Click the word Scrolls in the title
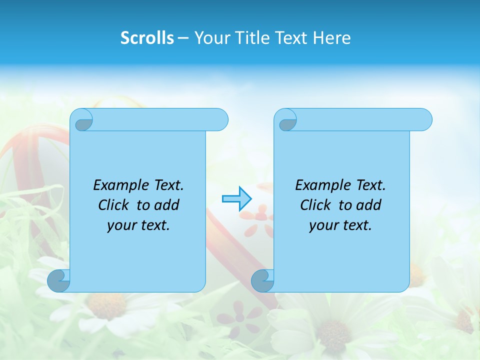tap(147, 38)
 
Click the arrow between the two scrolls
tap(236, 199)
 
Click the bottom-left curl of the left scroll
tap(58, 280)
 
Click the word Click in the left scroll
tap(113, 205)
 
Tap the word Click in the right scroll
tap(315, 205)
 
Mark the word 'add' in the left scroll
tap(166, 205)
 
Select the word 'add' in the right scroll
tap(368, 205)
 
